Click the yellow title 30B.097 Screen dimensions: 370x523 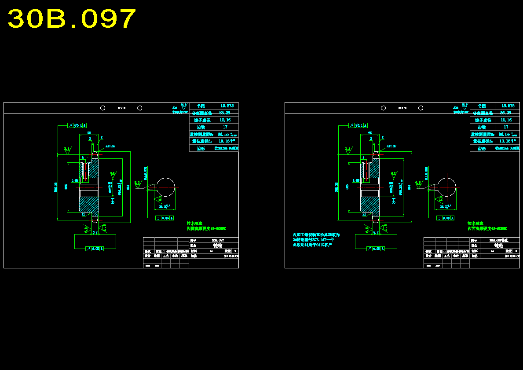coord(72,19)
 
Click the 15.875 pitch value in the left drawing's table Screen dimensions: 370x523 coord(227,106)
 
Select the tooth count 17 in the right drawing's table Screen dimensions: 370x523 coord(506,127)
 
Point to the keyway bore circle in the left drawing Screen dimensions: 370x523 coord(166,187)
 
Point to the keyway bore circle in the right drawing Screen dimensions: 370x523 coord(446,187)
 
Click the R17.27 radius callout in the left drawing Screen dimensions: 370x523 coord(110,146)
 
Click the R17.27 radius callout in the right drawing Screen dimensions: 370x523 coord(391,146)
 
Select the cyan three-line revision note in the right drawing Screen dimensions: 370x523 coord(316,240)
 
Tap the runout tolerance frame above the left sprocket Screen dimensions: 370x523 coord(77,125)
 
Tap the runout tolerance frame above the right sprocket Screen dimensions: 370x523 coord(358,125)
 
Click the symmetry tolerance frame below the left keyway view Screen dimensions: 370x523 coord(165,218)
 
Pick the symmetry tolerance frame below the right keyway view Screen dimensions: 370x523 coord(445,218)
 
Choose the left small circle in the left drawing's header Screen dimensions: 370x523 coord(102,108)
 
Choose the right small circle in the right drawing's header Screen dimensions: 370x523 coord(421,108)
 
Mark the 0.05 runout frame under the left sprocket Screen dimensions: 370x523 coord(95,249)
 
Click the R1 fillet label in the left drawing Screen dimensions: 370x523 coord(83,214)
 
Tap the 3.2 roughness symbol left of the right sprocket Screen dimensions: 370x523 coord(347,149)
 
